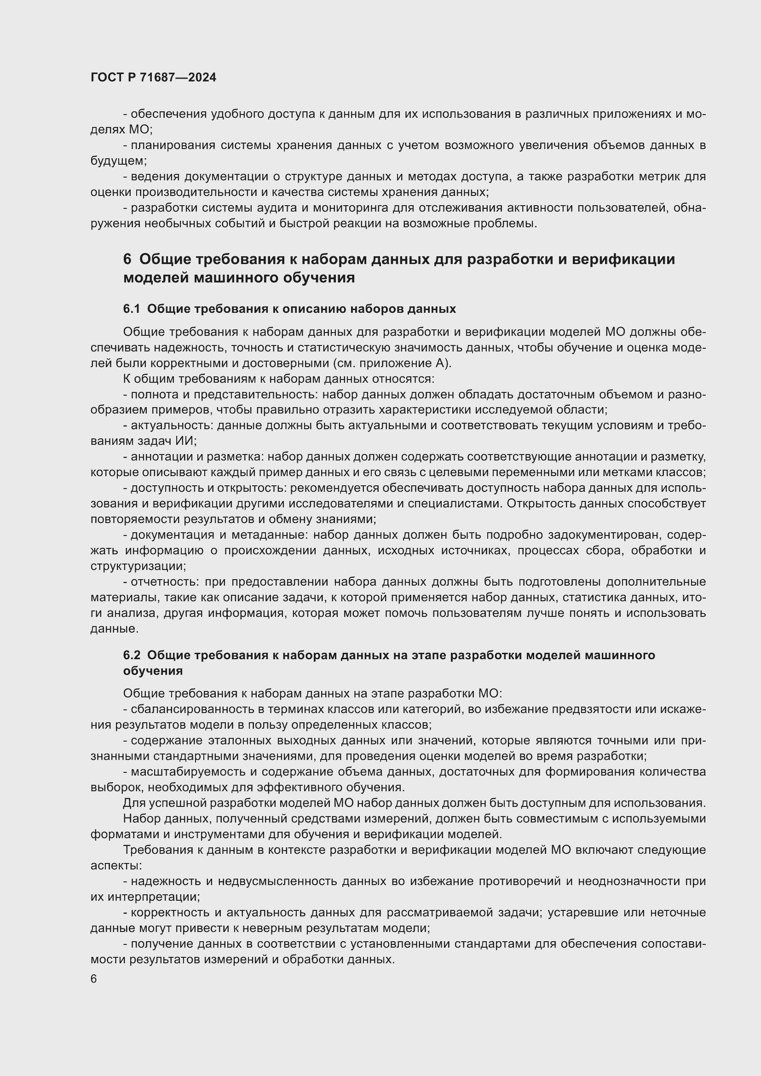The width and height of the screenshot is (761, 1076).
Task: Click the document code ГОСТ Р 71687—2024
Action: click(153, 78)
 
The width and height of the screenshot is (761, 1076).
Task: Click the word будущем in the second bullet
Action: click(118, 161)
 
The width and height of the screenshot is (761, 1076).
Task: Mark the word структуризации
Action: click(137, 566)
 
